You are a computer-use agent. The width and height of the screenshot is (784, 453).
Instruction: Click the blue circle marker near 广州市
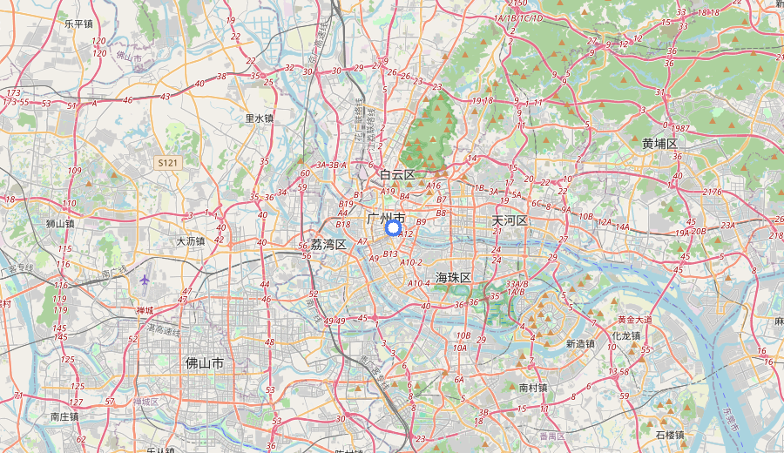[x=393, y=228]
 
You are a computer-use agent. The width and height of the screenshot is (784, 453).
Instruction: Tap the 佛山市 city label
[x=205, y=362]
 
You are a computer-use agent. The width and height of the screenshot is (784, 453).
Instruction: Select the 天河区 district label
[x=510, y=220]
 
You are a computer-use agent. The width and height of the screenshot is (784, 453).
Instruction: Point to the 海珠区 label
[x=453, y=277]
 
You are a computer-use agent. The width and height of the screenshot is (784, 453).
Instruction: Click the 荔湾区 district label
[x=328, y=244]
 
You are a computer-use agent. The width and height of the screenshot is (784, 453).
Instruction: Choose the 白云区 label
[x=397, y=174]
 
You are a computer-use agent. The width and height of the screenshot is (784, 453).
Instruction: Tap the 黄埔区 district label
[x=659, y=143]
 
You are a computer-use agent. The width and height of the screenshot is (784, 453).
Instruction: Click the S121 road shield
[x=167, y=163]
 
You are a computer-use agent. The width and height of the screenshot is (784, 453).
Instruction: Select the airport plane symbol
[x=144, y=280]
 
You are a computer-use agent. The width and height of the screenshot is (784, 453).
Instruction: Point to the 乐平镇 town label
[x=78, y=24]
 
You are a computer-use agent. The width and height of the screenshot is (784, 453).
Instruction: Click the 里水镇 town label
[x=259, y=118]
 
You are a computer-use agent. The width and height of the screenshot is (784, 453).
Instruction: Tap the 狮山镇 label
[x=60, y=223]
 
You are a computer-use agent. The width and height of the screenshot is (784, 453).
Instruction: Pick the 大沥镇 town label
[x=190, y=241]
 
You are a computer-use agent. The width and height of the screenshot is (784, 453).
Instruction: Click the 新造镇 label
[x=579, y=343]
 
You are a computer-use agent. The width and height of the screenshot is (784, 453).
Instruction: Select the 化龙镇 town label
[x=625, y=335]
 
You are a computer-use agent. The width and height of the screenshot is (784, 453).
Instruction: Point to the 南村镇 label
[x=533, y=387]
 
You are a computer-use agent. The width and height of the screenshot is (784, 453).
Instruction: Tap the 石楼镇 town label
[x=670, y=434]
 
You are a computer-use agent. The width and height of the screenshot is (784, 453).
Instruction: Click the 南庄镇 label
[x=65, y=416]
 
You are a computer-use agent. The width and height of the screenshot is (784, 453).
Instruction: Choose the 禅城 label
[x=145, y=310]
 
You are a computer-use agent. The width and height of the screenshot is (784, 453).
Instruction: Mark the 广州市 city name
[x=387, y=217]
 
